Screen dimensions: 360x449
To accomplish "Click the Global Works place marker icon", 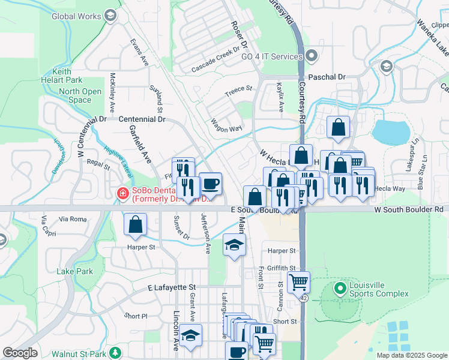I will point(109,15).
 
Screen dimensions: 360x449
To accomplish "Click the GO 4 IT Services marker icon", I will point(311,56).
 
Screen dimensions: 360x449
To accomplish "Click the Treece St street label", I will point(238,90).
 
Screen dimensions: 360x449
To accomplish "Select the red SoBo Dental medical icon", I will point(121,194).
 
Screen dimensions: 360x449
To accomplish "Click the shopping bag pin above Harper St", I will point(136,224).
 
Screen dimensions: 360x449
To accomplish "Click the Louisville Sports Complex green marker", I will point(340,289).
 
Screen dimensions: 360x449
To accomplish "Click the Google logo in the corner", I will point(20,353).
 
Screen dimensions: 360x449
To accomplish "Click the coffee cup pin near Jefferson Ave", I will point(210,183).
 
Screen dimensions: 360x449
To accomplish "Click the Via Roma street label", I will point(73,220).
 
